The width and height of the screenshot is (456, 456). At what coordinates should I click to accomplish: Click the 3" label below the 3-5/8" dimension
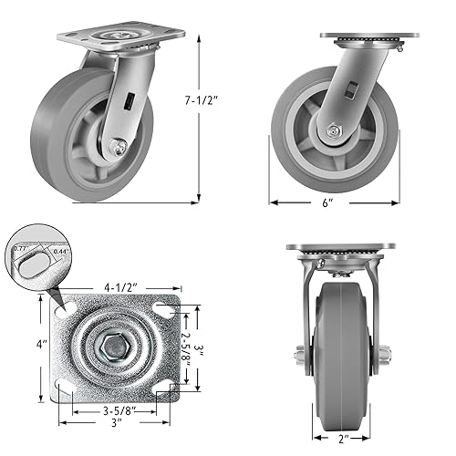pyautogui.click(x=117, y=424)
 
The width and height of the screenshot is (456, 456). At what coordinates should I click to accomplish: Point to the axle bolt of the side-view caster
pyautogui.click(x=337, y=133)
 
